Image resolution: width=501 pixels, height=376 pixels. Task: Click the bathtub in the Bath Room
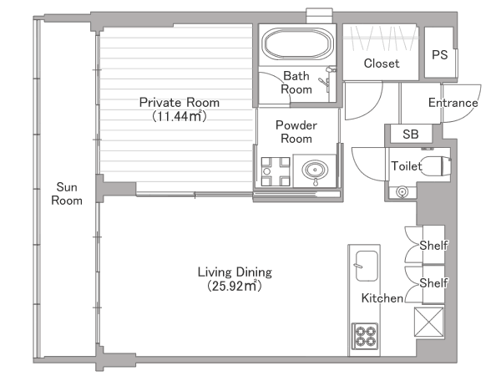click(x=297, y=43)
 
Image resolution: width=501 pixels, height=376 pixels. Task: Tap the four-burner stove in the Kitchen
click(x=365, y=337)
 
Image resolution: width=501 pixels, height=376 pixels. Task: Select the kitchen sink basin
click(x=367, y=266)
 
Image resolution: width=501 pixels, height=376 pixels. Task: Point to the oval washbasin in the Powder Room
click(x=315, y=170)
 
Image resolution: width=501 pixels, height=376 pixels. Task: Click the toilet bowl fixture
click(x=435, y=166)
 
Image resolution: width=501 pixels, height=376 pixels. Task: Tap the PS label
click(x=440, y=54)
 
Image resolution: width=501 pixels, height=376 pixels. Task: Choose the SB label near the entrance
click(x=411, y=135)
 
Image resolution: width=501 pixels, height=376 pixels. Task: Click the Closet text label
click(x=382, y=64)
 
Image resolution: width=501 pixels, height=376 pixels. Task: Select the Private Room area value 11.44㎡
click(x=180, y=116)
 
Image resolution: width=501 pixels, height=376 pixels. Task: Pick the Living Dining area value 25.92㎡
click(x=235, y=286)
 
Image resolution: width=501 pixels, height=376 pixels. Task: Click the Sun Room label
click(x=67, y=194)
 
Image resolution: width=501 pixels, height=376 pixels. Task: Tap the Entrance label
click(x=453, y=103)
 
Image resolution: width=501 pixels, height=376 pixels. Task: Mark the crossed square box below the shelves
click(x=429, y=322)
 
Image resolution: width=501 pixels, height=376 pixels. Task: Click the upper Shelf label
click(x=433, y=246)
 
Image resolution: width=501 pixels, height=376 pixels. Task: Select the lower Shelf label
click(x=433, y=283)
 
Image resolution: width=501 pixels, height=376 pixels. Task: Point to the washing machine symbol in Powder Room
click(x=276, y=171)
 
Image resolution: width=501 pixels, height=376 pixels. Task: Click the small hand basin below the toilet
click(x=402, y=192)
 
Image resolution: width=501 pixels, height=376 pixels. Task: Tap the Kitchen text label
click(x=382, y=298)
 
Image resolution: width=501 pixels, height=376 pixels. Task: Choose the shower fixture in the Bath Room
click(x=327, y=79)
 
